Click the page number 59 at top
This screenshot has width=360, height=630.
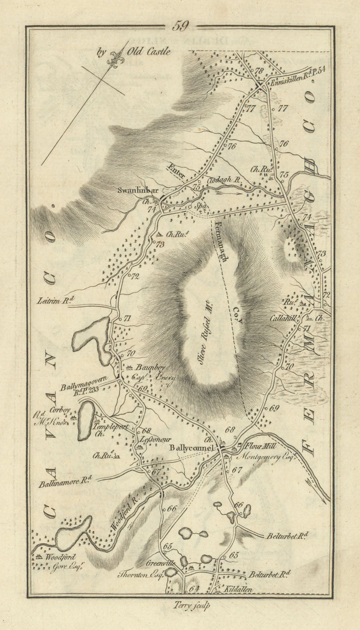coord(181,26)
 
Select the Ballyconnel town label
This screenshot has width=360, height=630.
coord(191,448)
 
